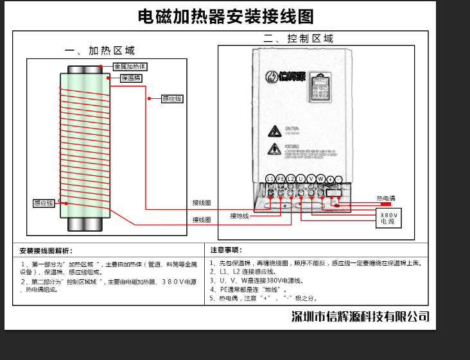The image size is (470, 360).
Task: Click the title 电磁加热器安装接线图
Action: [226, 16]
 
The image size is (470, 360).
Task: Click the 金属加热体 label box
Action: [130, 67]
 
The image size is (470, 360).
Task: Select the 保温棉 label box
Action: [130, 78]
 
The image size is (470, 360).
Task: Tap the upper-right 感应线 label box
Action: [171, 99]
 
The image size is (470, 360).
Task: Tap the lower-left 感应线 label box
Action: [44, 203]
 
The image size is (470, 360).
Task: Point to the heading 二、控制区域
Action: [298, 39]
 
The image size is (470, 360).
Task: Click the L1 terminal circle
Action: [270, 178]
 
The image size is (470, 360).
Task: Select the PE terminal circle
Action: [280, 178]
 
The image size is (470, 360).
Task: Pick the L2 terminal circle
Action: [290, 178]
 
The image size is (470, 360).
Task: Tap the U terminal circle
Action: [300, 178]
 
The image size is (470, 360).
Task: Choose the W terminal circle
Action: [320, 178]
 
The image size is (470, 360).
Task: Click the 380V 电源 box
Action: [388, 218]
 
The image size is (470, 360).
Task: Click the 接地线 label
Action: [239, 216]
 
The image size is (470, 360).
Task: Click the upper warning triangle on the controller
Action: [274, 132]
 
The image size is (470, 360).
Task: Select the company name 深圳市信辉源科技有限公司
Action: [360, 316]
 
